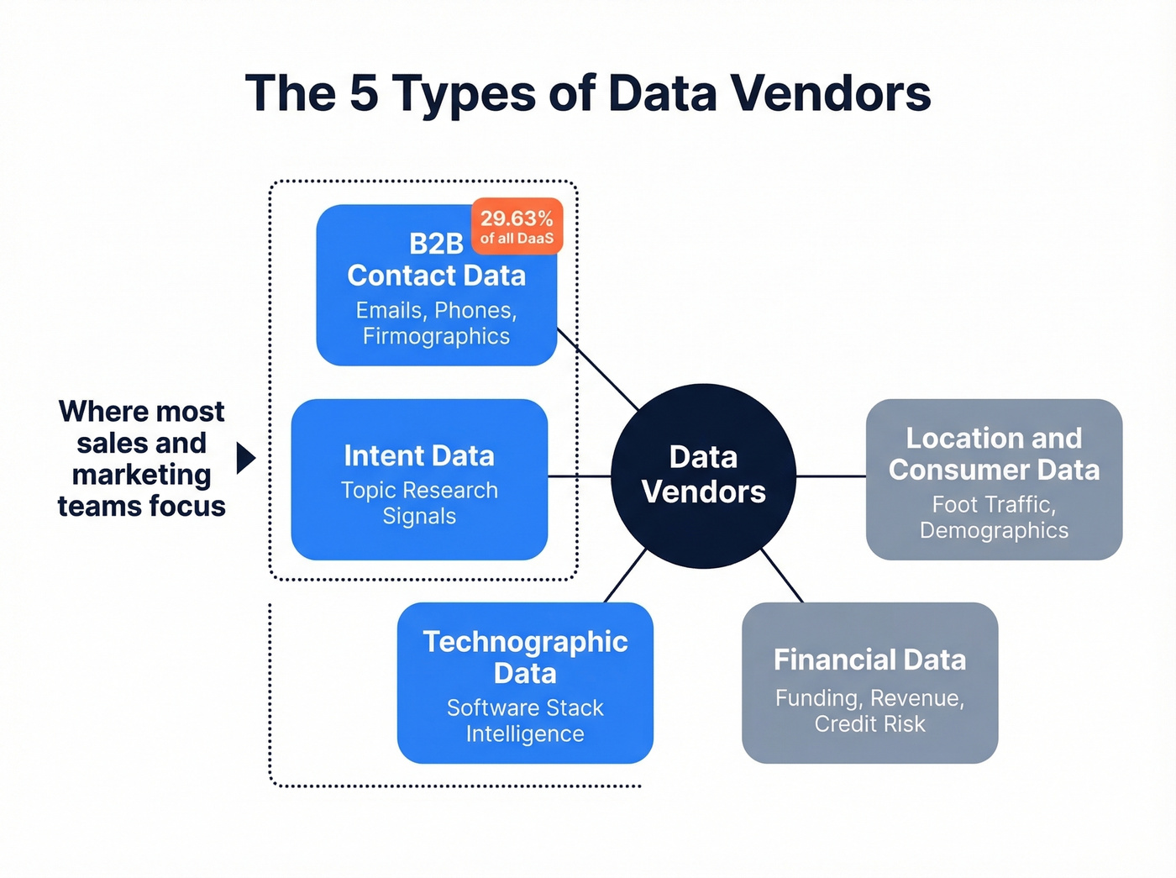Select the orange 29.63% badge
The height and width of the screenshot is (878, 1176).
point(517,226)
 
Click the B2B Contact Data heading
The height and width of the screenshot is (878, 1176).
point(436,260)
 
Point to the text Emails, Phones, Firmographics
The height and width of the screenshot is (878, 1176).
point(436,323)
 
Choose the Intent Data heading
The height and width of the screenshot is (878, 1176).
point(419,455)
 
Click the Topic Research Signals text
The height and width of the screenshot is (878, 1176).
point(419,502)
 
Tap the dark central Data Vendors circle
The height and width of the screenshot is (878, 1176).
point(703,476)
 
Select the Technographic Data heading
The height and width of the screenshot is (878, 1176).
point(525,657)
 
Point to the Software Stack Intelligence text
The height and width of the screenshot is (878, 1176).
point(525,721)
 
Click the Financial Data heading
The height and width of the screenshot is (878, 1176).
point(869,660)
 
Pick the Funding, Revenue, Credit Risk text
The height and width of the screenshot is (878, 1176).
point(869,711)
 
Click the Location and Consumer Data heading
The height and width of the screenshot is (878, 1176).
point(994,454)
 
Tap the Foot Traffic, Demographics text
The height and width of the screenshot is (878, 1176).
point(994,517)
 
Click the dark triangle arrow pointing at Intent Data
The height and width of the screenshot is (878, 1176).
point(244,458)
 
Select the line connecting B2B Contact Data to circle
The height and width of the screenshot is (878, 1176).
point(598,369)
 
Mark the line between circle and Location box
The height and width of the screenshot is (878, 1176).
point(831,476)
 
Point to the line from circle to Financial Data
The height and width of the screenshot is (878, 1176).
point(782,576)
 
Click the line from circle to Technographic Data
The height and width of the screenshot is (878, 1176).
point(625,576)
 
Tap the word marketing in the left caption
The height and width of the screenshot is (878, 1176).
point(141,475)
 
